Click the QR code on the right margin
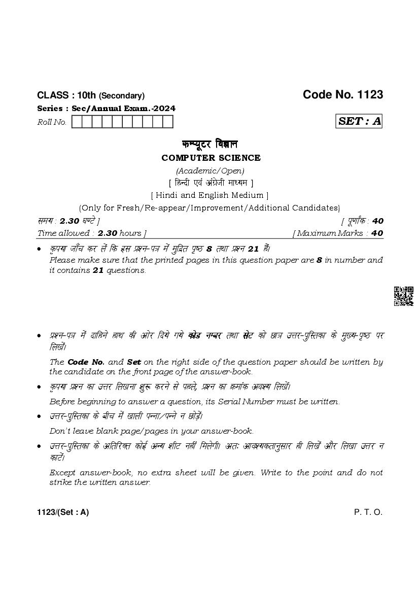tap(403, 296)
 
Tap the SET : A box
tap(360, 121)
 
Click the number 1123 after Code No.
tap(370, 95)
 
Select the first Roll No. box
tap(77, 122)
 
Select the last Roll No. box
tap(168, 122)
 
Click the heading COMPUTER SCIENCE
tap(211, 158)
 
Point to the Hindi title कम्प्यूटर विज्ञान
tap(210, 144)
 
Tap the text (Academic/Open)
tap(210, 170)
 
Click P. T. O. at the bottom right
tap(368, 512)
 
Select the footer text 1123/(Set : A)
tap(63, 512)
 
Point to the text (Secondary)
tap(122, 96)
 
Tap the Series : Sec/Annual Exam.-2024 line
tap(107, 109)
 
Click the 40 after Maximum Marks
tap(377, 233)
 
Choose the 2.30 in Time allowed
tap(108, 233)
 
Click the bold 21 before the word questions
tap(98, 270)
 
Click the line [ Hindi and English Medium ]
tap(210, 195)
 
